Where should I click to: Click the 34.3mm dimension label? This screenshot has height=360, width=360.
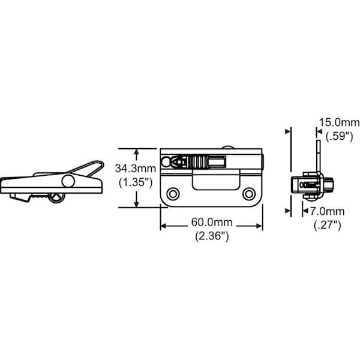(x=136, y=168)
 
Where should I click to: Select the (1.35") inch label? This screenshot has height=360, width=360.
(x=136, y=183)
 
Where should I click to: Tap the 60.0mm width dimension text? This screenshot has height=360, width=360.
(x=212, y=222)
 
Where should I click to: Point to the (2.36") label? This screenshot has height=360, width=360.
(x=212, y=236)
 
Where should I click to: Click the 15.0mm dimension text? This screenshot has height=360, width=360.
(x=340, y=122)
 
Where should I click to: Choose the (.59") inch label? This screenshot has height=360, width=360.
(x=340, y=136)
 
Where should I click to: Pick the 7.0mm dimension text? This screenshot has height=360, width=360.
(x=327, y=211)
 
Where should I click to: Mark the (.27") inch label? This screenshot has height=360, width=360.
(x=327, y=225)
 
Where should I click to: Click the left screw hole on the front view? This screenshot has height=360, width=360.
(x=173, y=194)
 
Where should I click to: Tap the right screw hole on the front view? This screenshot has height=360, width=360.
(x=249, y=194)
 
